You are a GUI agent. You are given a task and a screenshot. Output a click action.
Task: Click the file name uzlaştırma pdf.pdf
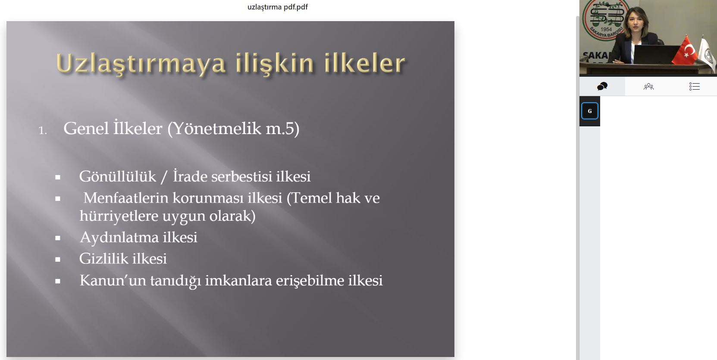click(278, 7)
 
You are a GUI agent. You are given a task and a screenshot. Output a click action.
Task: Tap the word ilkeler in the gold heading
click(365, 63)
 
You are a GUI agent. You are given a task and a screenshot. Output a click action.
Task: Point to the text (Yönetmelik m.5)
click(233, 128)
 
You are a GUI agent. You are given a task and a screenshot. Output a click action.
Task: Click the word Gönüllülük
click(117, 177)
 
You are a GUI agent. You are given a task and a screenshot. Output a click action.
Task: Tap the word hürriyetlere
click(119, 216)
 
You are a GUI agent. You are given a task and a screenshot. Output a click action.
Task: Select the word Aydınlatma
click(119, 238)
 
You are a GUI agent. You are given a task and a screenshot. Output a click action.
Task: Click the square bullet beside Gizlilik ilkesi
click(58, 260)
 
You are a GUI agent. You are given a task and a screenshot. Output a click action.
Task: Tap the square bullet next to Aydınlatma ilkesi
click(58, 238)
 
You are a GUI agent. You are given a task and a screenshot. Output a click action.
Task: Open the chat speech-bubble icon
click(602, 86)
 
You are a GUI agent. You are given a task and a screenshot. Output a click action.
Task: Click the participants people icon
click(648, 86)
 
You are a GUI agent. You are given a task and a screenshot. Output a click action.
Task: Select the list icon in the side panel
click(694, 86)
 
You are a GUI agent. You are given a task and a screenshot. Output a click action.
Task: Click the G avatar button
click(590, 111)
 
